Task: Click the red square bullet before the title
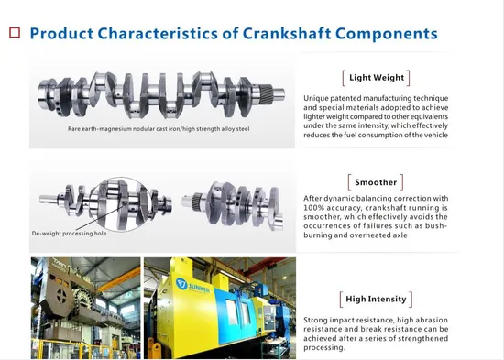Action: coord(15,33)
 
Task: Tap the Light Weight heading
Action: coord(374,78)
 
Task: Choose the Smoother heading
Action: coord(374,181)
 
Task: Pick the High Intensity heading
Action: coord(374,299)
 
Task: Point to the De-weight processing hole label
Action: coord(70,234)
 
